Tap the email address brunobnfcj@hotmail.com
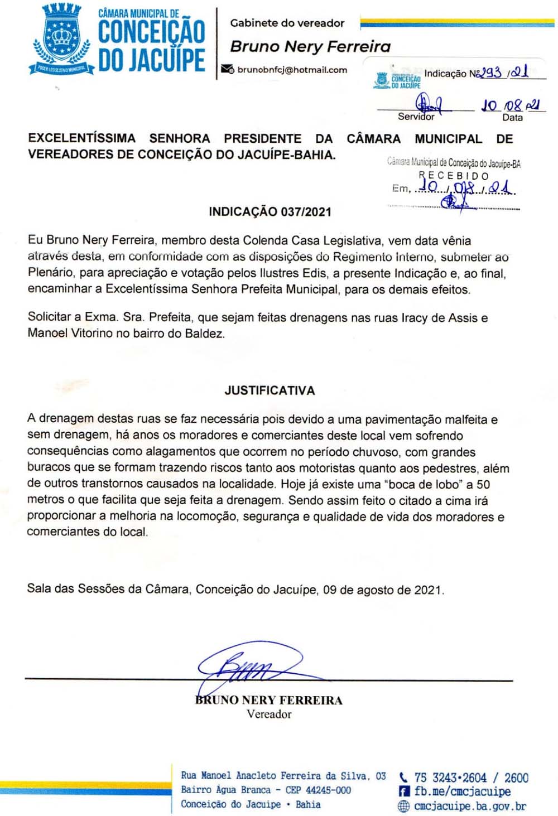[x=292, y=70]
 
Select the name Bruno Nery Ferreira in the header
[x=310, y=47]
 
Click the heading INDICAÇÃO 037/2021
[x=270, y=212]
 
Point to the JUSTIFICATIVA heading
[x=270, y=390]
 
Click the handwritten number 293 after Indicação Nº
[x=492, y=73]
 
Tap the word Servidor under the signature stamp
[x=416, y=117]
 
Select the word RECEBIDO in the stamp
[x=454, y=176]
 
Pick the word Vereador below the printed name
[x=269, y=714]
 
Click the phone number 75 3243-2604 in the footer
[x=450, y=778]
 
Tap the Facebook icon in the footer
[x=405, y=791]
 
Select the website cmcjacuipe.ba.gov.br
[x=470, y=806]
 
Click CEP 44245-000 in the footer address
[x=318, y=790]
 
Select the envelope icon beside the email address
[x=227, y=70]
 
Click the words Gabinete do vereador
[x=287, y=23]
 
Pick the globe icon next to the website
[x=403, y=806]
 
